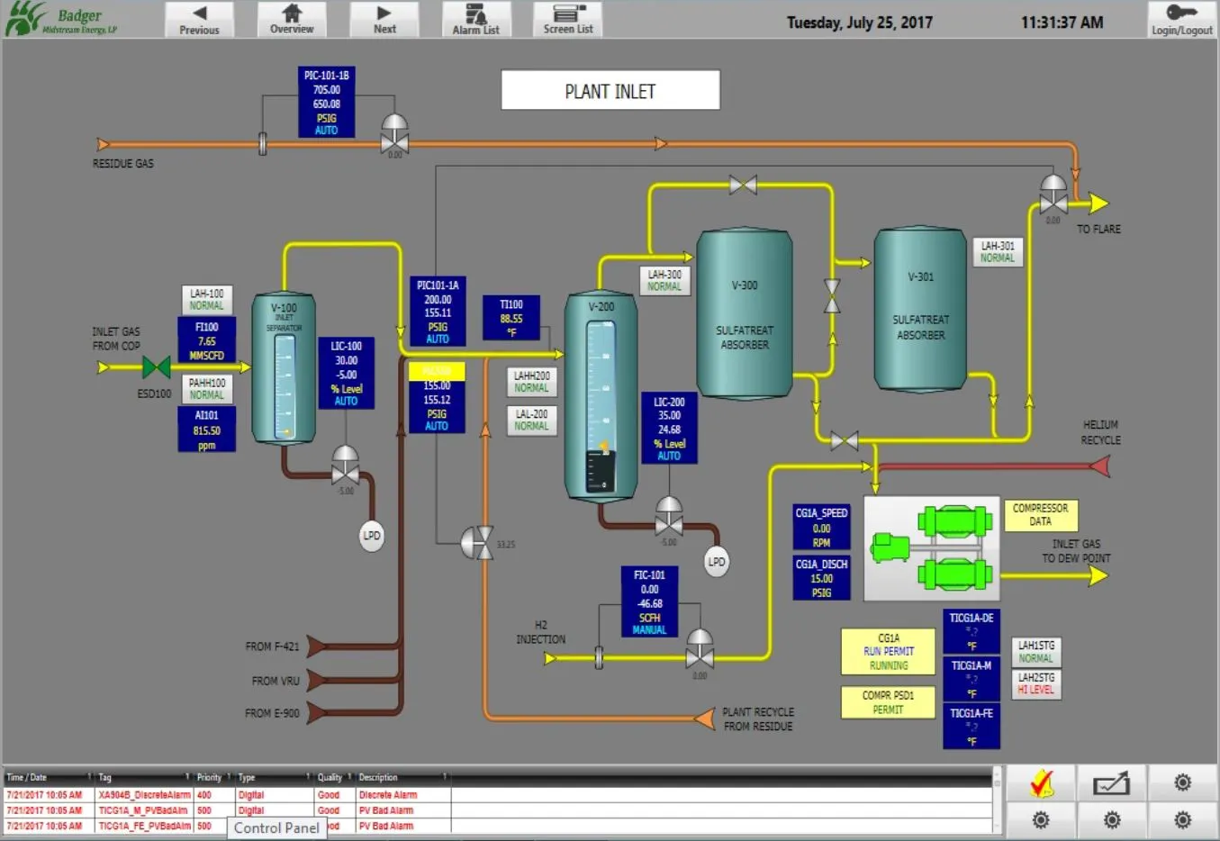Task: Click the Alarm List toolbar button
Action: [x=476, y=19]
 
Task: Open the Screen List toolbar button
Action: [x=568, y=19]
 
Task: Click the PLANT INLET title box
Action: [x=610, y=91]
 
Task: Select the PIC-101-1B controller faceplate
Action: [x=326, y=103]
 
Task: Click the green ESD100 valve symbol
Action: [x=157, y=367]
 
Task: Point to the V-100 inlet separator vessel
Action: [x=284, y=369]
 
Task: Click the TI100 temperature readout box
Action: [x=511, y=318]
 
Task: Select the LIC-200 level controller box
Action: [x=669, y=429]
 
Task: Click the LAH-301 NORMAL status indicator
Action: [x=998, y=251]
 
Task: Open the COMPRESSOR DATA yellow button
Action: [x=1040, y=515]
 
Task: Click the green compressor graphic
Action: [x=932, y=547]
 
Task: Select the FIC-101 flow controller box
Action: [x=649, y=602]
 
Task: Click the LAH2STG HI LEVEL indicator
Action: [x=1035, y=683]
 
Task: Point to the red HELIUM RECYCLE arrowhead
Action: [x=1099, y=466]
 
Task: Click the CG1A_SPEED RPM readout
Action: [x=821, y=527]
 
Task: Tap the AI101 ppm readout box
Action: [x=206, y=430]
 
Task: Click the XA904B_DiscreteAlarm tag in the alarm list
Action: [x=144, y=795]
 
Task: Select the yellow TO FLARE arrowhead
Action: [x=1098, y=203]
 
